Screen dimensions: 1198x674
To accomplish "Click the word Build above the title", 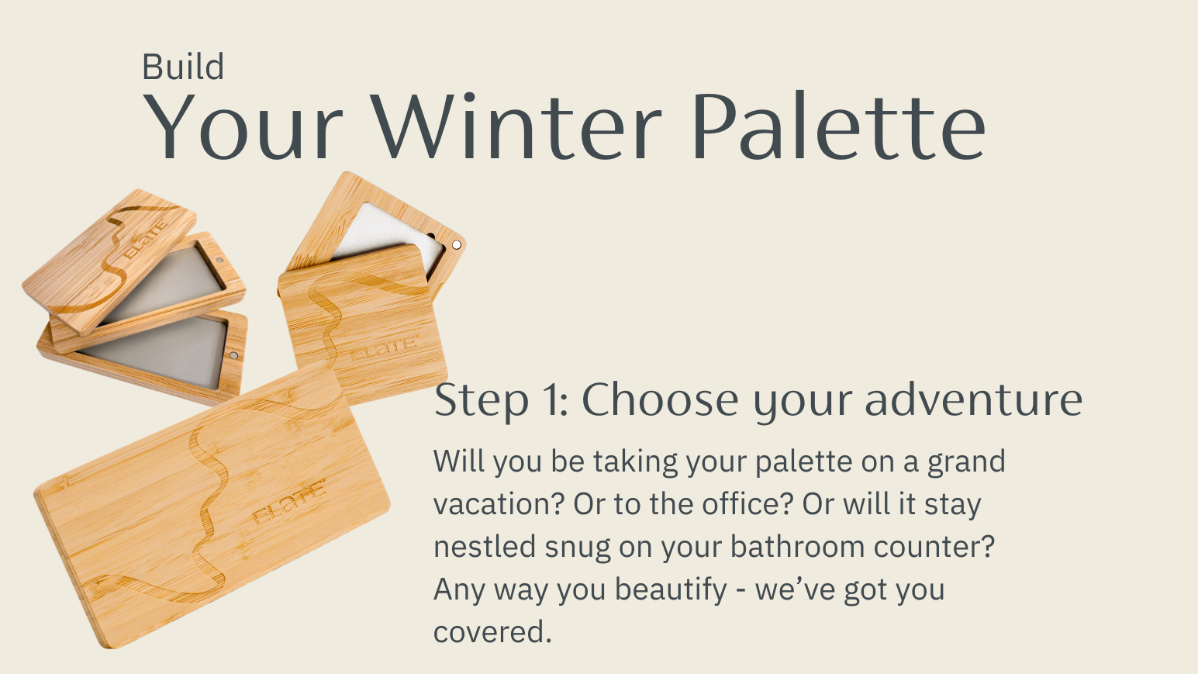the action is (x=183, y=67).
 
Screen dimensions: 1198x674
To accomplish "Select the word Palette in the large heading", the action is (x=839, y=126).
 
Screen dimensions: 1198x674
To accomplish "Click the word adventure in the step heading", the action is (x=974, y=399).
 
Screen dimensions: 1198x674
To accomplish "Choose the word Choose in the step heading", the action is (x=660, y=399).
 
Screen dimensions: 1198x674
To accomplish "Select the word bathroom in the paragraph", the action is (x=797, y=546).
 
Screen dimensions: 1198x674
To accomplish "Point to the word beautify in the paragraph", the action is (x=671, y=590).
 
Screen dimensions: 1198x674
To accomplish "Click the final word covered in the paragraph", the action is (x=492, y=632).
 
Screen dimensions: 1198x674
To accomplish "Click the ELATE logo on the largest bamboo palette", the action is (x=289, y=503).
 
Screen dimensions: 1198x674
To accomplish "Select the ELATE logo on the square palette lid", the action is (x=384, y=347).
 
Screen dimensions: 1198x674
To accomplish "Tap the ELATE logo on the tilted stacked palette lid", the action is (x=144, y=239).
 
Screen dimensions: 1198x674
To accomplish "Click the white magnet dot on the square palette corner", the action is (x=456, y=244).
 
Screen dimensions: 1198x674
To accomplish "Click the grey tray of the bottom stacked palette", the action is (x=155, y=351).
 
